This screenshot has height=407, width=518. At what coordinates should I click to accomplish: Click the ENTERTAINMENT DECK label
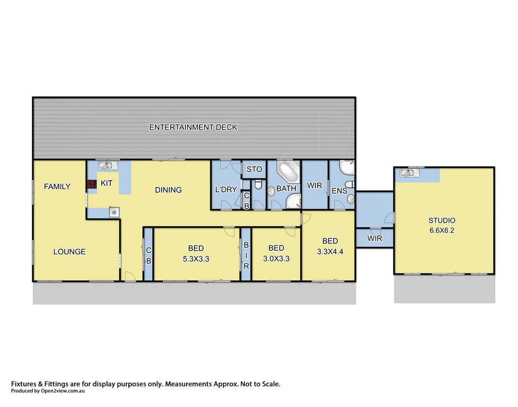pyautogui.click(x=193, y=127)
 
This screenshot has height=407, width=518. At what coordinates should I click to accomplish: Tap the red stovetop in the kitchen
pyautogui.click(x=90, y=184)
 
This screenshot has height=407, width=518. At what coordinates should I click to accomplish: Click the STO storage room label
pyautogui.click(x=254, y=170)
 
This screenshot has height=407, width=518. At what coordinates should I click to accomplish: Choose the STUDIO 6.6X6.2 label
pyautogui.click(x=442, y=225)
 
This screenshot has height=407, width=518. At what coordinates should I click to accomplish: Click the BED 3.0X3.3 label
pyautogui.click(x=276, y=253)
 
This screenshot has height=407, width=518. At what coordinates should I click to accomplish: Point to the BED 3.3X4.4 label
pyautogui.click(x=330, y=246)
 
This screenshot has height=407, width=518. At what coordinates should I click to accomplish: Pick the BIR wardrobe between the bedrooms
pyautogui.click(x=246, y=254)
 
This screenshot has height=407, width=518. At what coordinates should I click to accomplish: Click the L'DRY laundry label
pyautogui.click(x=226, y=189)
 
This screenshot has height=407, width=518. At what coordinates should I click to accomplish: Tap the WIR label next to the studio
pyautogui.click(x=374, y=238)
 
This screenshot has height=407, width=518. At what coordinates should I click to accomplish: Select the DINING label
pyautogui.click(x=169, y=190)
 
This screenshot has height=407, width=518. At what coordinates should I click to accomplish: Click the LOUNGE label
pyautogui.click(x=69, y=252)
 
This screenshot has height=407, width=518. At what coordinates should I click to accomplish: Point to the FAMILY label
pyautogui.click(x=57, y=187)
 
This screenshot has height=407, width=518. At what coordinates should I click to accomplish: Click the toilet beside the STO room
pyautogui.click(x=258, y=184)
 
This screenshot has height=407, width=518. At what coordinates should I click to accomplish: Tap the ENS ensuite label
pyautogui.click(x=339, y=191)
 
